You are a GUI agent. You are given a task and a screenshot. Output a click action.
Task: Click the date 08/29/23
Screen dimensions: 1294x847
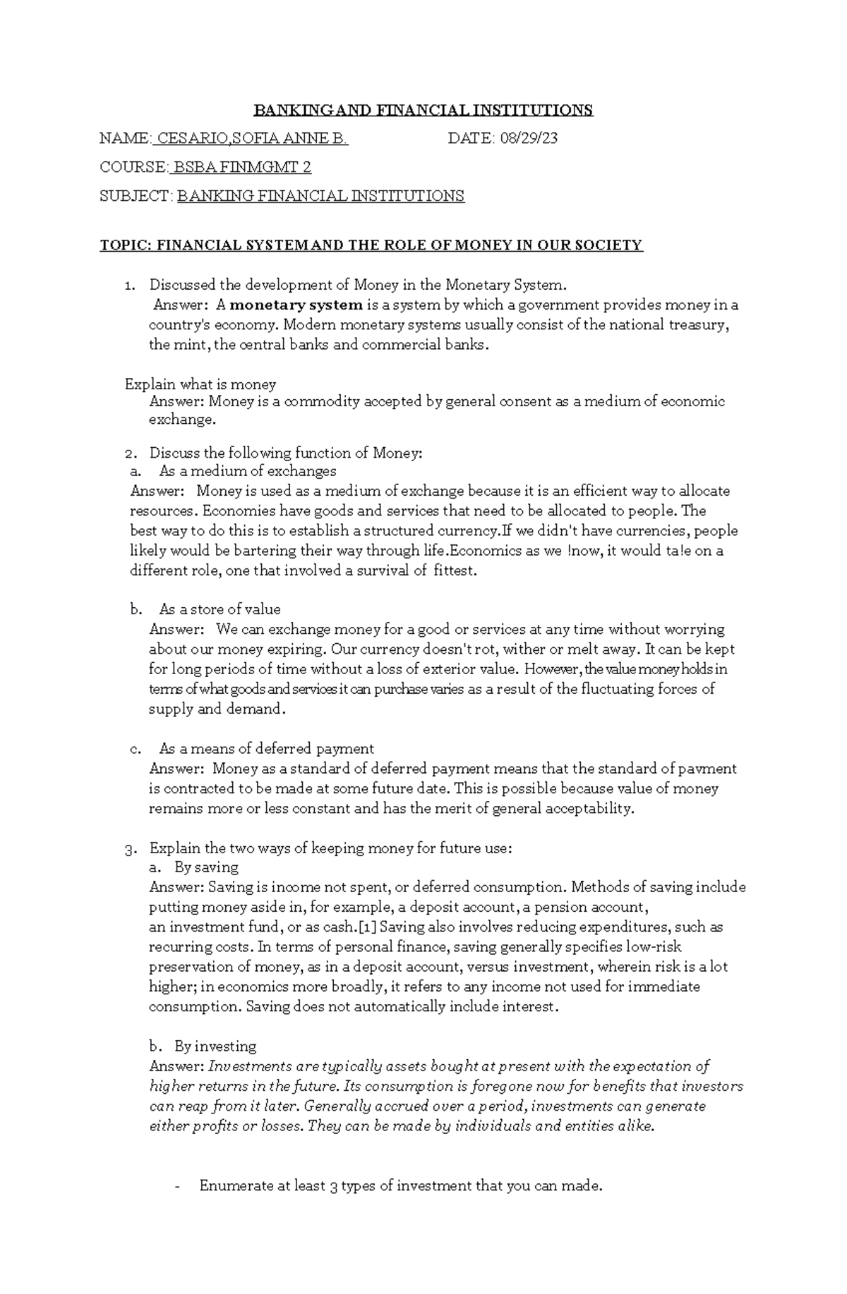pos(529,138)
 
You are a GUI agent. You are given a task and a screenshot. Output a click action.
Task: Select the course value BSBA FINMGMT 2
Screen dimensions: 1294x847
pos(242,167)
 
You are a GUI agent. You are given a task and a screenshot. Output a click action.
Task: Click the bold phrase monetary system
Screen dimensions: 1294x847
pos(296,305)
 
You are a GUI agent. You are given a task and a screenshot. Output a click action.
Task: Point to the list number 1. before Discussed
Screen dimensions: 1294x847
pos(128,286)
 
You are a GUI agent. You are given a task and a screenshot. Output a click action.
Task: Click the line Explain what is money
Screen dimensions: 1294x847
pos(200,384)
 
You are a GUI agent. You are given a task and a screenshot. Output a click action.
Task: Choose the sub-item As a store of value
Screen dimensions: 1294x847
pos(220,609)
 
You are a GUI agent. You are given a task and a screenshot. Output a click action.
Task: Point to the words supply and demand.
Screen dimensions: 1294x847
pos(216,709)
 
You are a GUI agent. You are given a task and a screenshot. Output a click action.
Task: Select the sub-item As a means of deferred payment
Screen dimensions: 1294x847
pos(266,749)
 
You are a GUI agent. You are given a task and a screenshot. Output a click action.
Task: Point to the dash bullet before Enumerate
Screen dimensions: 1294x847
pos(178,1187)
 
